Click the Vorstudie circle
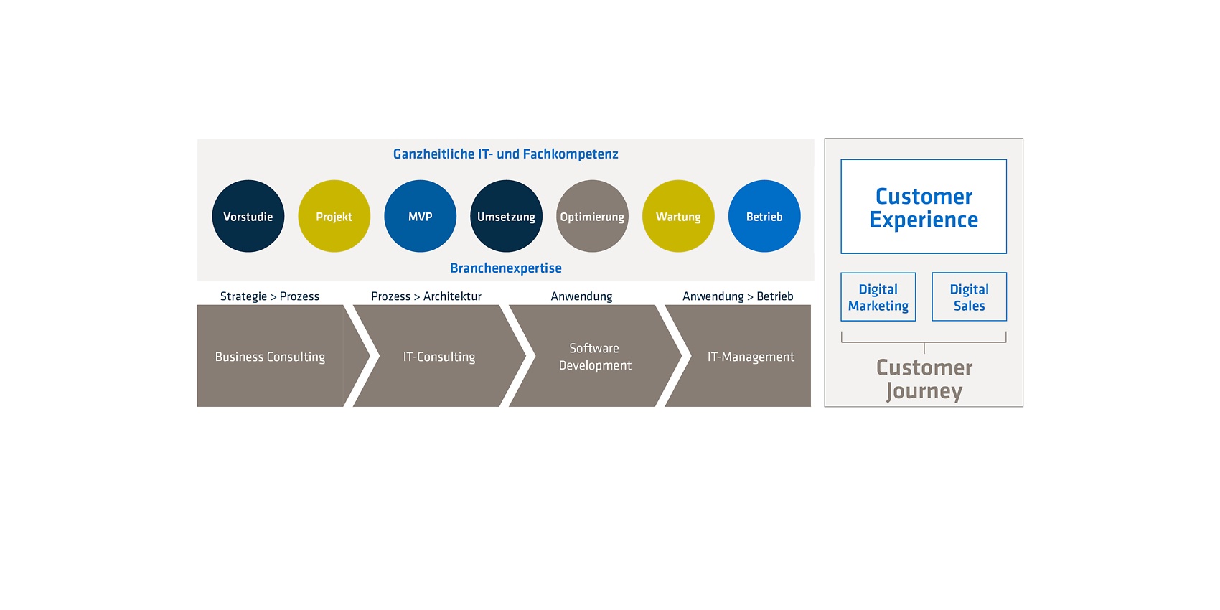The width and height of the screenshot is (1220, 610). pos(248,216)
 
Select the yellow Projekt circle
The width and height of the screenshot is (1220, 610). pos(334,216)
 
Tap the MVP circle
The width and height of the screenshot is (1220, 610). pos(420,216)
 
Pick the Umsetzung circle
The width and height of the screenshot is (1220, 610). pos(506,216)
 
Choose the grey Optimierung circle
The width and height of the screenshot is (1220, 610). pos(592,216)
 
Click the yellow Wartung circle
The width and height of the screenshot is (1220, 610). pos(678,216)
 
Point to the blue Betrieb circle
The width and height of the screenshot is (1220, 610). pos(764,216)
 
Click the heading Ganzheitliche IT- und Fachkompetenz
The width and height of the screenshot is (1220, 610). pos(505,154)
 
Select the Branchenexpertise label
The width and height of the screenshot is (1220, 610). pos(505,268)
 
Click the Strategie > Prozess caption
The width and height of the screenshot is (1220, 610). pos(270,296)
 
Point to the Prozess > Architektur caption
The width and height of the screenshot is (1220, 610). pos(426,296)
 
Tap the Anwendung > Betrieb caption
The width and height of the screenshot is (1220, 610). pos(738,296)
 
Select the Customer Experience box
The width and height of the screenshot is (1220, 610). pos(924,207)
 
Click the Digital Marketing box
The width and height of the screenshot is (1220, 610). pos(878,297)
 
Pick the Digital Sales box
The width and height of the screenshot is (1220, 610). pos(969,297)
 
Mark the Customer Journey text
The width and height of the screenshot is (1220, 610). pos(924,380)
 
